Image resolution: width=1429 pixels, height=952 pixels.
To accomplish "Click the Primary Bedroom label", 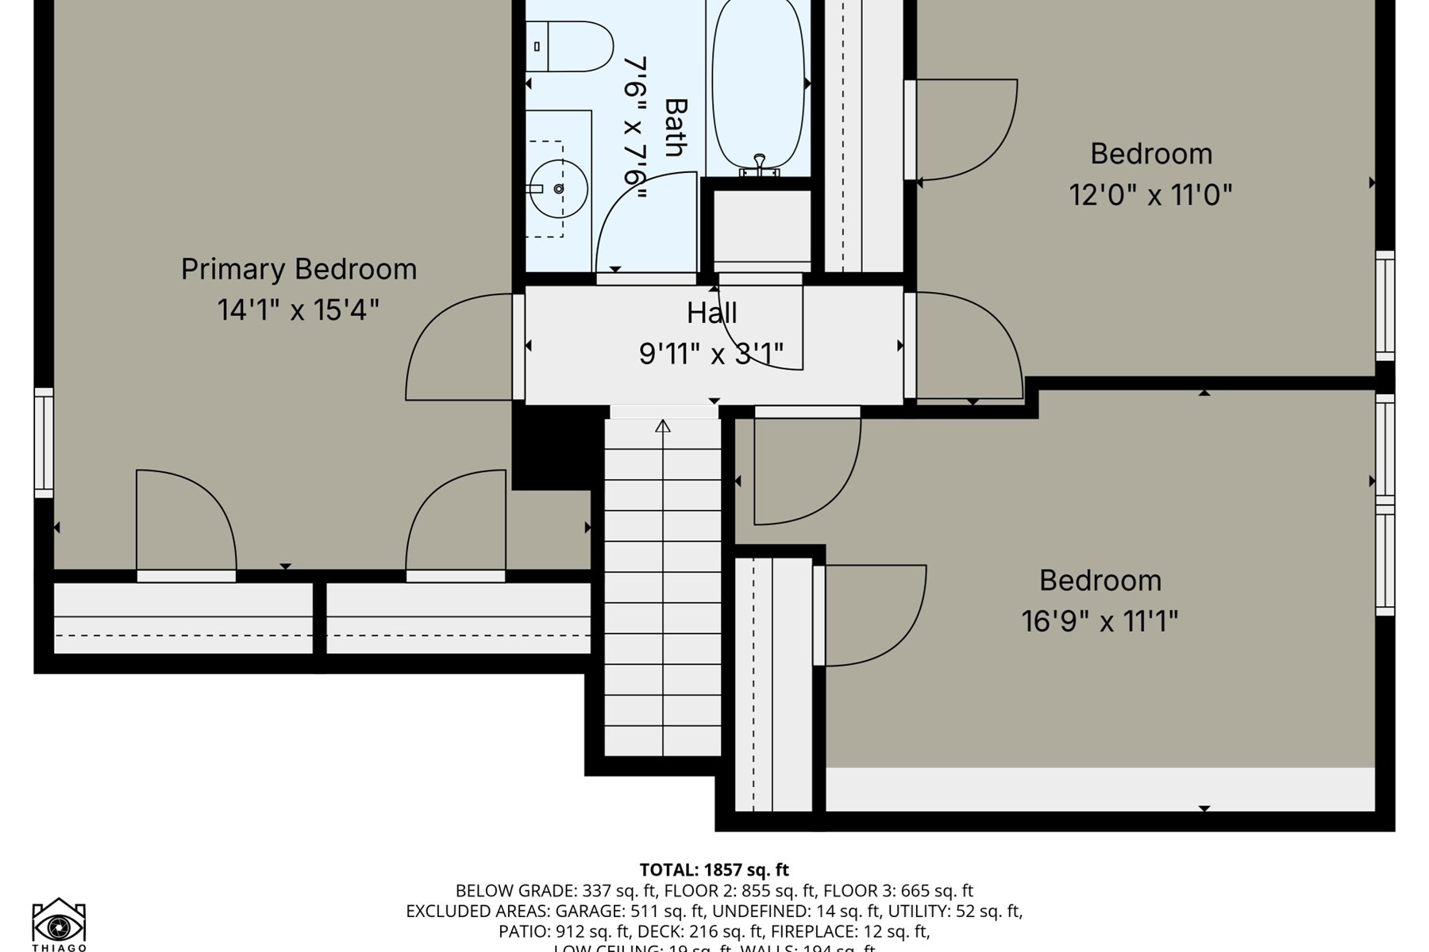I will (x=299, y=270).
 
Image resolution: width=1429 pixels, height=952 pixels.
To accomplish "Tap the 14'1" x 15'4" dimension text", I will (x=299, y=310).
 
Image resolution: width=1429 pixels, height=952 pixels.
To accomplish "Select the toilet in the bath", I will (x=570, y=47).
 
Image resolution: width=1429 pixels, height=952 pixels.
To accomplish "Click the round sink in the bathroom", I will (x=559, y=189).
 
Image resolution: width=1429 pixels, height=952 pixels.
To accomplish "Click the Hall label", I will (x=712, y=313).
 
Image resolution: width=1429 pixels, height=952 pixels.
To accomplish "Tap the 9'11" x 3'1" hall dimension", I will (x=711, y=354).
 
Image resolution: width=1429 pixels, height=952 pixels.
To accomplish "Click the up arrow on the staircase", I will (x=663, y=427).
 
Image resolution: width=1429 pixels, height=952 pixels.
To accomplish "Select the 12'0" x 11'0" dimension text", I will (x=1150, y=195).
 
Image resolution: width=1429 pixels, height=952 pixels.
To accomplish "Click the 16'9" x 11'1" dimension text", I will (x=1100, y=622).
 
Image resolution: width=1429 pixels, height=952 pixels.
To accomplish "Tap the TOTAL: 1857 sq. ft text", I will (x=714, y=870).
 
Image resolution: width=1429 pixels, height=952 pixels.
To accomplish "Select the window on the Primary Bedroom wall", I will (x=44, y=443).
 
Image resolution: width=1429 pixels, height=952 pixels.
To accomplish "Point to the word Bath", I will (x=676, y=127).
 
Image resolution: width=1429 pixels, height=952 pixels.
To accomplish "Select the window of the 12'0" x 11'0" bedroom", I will (x=1385, y=305).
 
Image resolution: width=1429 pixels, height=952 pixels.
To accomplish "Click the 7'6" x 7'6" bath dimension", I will (x=634, y=127).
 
